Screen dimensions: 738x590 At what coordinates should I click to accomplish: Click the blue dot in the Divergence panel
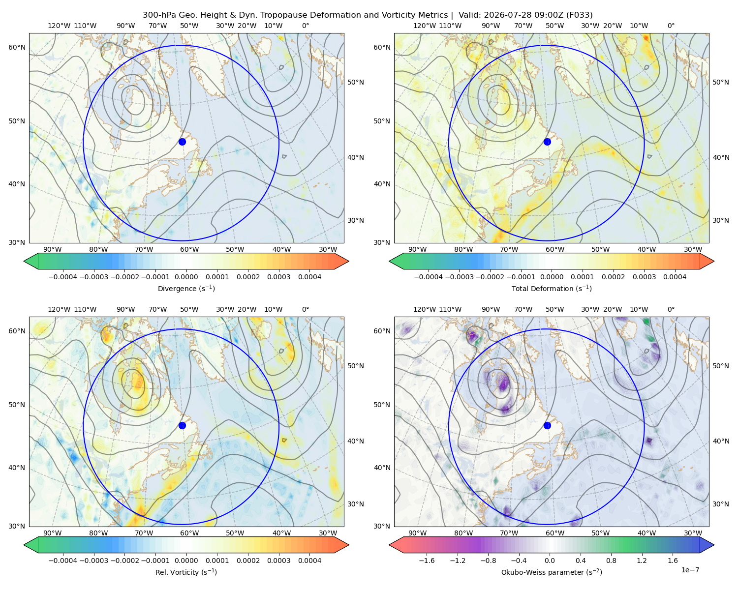pyautogui.click(x=182, y=142)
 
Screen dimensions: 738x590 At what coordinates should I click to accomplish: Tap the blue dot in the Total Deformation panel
pyautogui.click(x=547, y=142)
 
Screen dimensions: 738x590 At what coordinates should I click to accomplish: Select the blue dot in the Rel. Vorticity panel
pyautogui.click(x=182, y=425)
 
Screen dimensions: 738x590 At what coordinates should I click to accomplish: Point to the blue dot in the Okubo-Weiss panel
pyautogui.click(x=547, y=425)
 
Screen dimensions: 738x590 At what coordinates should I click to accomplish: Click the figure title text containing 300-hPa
pyautogui.click(x=368, y=15)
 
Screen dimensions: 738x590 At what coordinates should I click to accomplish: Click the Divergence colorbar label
pyautogui.click(x=186, y=288)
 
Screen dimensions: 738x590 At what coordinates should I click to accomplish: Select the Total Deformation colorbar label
pyautogui.click(x=552, y=288)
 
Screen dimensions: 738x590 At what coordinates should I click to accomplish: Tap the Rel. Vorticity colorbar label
pyautogui.click(x=186, y=572)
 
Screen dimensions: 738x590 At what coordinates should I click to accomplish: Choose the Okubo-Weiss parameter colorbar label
pyautogui.click(x=552, y=572)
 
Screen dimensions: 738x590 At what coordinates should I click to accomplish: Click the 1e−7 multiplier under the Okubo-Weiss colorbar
pyautogui.click(x=690, y=570)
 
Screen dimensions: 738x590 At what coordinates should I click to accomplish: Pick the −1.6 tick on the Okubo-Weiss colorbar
pyautogui.click(x=427, y=560)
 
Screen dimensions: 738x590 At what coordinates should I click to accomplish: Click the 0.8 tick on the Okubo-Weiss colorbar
pyautogui.click(x=611, y=560)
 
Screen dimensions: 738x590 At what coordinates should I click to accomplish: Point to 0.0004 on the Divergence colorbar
pyautogui.click(x=309, y=277)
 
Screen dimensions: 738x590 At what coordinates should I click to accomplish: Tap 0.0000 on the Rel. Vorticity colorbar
pyautogui.click(x=186, y=560)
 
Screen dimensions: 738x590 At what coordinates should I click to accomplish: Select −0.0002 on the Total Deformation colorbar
pyautogui.click(x=490, y=277)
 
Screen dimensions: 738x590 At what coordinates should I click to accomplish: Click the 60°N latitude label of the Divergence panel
pyautogui.click(x=17, y=47)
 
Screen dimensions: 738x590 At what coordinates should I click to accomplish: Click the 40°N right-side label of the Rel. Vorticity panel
pyautogui.click(x=356, y=441)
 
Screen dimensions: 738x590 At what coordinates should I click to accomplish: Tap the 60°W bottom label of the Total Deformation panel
pyautogui.click(x=555, y=249)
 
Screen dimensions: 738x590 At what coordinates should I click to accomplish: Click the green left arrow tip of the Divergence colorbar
pyautogui.click(x=24, y=261)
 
